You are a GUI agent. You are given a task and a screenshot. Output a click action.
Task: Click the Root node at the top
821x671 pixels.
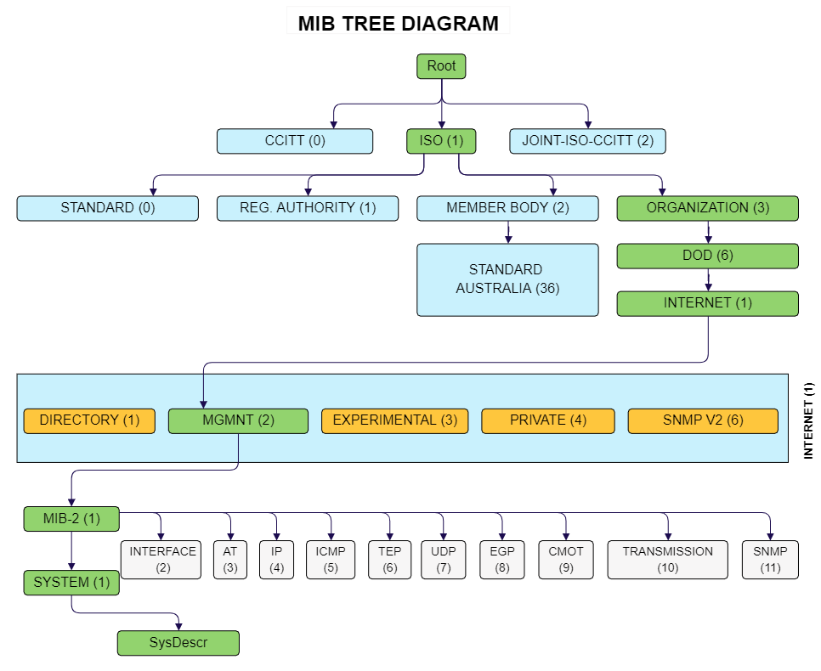point(441,66)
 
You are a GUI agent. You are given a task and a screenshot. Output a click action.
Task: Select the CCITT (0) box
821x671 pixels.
point(294,141)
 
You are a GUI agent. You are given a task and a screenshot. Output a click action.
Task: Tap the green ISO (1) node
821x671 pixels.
point(441,141)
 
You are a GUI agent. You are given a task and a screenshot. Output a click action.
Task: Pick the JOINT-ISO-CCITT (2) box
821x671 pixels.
point(587,141)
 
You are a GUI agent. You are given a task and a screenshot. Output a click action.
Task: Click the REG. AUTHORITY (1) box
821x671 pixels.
point(307,208)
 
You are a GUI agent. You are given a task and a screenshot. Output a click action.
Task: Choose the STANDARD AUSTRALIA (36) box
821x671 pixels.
point(507,279)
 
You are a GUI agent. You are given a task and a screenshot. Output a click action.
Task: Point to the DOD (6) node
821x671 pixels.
point(707,256)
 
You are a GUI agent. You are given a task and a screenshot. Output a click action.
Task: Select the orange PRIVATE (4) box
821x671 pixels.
point(547,420)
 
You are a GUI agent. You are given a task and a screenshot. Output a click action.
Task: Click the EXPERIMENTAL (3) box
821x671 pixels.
point(394,420)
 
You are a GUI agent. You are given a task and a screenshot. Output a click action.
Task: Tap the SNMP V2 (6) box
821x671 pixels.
point(702,420)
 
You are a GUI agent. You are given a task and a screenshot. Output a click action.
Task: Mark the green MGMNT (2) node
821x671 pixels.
point(238,420)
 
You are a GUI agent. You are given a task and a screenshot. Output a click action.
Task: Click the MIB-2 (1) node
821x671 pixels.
point(71,518)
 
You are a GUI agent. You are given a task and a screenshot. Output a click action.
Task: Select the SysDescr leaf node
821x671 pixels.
point(178,643)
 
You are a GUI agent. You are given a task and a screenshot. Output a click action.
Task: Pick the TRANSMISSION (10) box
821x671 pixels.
point(667,559)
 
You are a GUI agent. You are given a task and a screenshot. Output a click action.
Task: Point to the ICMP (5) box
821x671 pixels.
point(331,559)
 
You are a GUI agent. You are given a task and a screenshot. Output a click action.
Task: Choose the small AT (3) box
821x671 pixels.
point(229,559)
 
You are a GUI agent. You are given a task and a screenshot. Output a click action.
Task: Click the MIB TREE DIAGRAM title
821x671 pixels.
point(398,23)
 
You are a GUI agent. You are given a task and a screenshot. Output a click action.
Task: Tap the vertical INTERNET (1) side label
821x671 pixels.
point(808,420)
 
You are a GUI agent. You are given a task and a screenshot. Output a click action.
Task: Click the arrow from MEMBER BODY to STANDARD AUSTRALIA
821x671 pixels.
point(508,232)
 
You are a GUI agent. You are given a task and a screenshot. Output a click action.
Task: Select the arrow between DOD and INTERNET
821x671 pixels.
point(708,280)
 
